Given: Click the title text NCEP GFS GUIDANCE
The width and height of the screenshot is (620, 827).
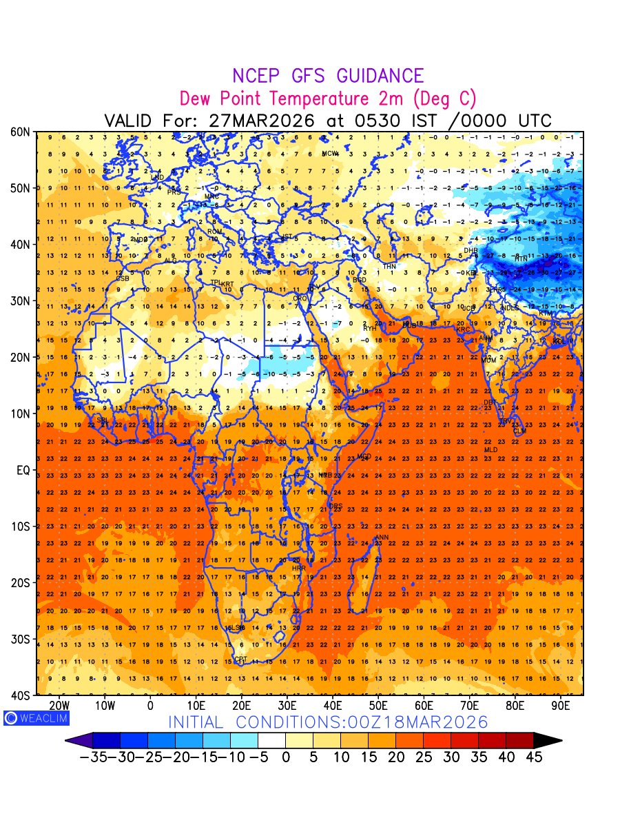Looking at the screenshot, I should click(328, 76).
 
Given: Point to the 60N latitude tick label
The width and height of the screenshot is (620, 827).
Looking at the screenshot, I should click(19, 132).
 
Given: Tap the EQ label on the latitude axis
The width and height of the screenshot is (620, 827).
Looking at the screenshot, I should click(22, 470).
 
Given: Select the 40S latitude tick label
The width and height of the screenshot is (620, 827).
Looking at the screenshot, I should click(19, 695).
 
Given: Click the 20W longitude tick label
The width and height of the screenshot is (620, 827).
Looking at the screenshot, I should click(59, 706).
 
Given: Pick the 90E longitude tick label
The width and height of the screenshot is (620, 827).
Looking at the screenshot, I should click(561, 706).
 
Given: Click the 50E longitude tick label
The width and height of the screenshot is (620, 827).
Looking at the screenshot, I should click(378, 706).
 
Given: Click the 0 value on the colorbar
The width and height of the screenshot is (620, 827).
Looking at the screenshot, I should click(285, 757).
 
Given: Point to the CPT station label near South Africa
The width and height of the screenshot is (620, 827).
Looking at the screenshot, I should click(240, 660).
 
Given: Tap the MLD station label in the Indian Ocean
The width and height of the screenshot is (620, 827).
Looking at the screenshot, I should click(490, 450).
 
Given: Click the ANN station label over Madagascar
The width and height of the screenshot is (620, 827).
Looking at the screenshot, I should click(381, 538).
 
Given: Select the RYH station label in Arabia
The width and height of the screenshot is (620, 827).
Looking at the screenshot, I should click(370, 329).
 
